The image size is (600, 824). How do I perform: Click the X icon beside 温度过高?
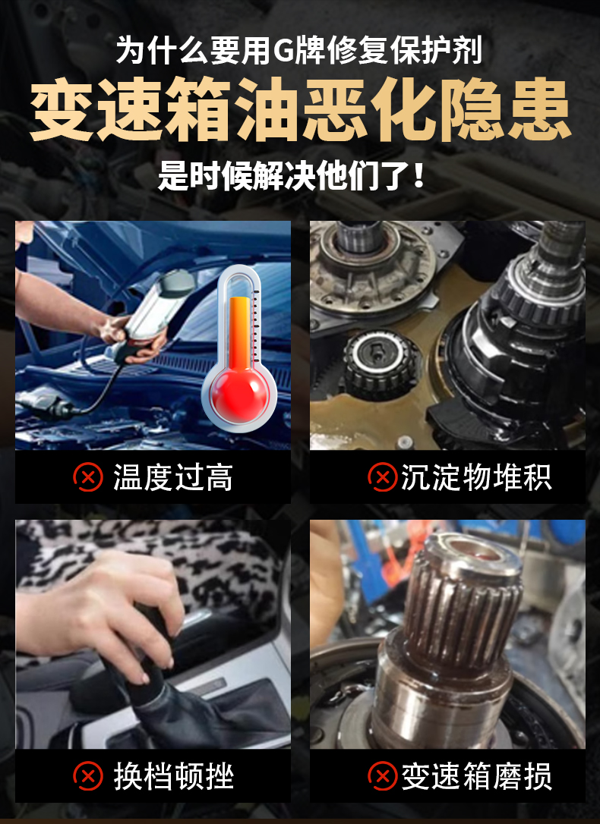(x=88, y=477)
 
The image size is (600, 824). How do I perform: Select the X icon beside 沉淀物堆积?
(x=382, y=477)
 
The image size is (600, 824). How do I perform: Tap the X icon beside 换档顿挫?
(x=88, y=776)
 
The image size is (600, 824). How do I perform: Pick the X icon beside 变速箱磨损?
(x=382, y=776)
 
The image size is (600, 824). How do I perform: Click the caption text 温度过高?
(x=173, y=478)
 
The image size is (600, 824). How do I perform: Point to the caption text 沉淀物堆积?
(x=476, y=478)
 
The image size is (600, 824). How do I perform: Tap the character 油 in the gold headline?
(x=267, y=110)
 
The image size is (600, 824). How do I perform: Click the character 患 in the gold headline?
(x=540, y=110)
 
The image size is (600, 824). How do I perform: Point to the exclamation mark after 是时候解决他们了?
(x=419, y=175)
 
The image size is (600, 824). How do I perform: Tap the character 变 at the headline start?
(x=62, y=110)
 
